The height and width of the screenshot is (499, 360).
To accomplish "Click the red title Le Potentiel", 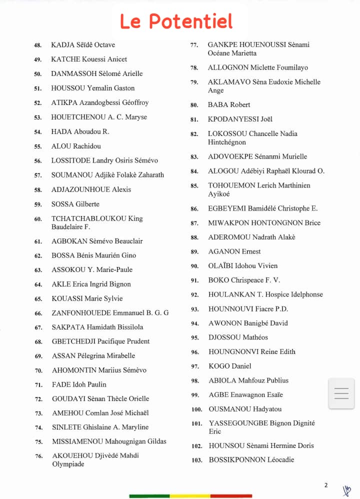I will click(176, 21).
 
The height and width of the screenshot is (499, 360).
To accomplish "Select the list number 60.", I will click(38, 219).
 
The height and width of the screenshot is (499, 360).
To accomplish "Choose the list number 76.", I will click(38, 456).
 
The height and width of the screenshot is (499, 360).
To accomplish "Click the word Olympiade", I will click(68, 464).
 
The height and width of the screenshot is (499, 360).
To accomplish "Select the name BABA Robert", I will click(229, 105).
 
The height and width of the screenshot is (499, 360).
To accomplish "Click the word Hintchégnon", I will click(227, 142).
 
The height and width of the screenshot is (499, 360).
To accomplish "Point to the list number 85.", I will click(194, 186).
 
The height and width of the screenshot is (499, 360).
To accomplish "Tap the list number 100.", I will click(196, 409).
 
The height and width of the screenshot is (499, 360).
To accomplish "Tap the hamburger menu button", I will click(341, 393).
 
